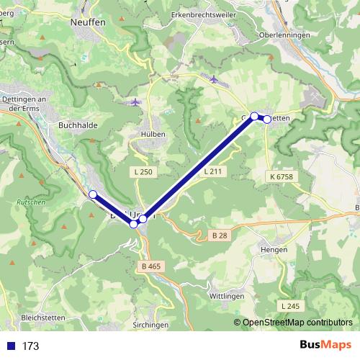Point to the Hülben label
tap(154, 134)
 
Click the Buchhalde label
tap(73, 124)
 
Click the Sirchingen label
tap(152, 325)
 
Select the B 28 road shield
tap(220, 236)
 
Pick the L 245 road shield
tap(291, 306)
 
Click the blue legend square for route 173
tap(11, 346)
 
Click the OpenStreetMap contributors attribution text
tap(297, 323)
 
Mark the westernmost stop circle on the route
tap(93, 194)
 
